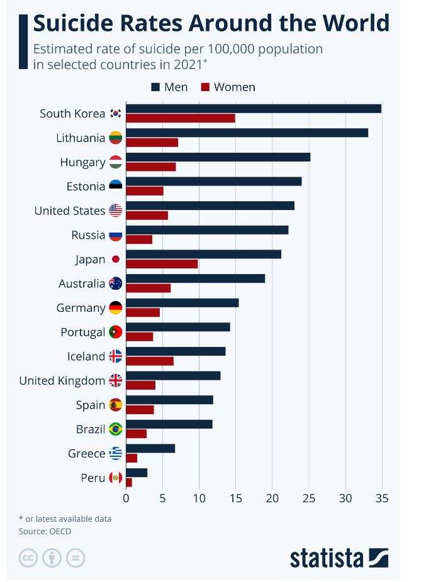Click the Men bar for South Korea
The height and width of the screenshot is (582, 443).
coord(254,108)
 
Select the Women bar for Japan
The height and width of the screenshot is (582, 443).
coord(162,264)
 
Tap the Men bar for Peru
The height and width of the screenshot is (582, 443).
coord(137,473)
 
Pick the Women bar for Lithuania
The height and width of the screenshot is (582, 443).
coord(152,143)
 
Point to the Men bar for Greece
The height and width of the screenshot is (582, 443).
coord(150,448)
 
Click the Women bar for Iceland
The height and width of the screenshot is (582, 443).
coord(150,361)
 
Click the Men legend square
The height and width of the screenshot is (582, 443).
coord(155,87)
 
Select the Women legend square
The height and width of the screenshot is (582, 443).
coord(205,87)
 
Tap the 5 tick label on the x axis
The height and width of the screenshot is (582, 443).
coord(162,498)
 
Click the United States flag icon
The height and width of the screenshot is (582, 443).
coord(116,211)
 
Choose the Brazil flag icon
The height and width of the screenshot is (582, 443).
coord(116,429)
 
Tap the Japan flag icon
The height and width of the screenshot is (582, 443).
coord(116,259)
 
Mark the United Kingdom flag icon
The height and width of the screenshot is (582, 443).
coord(116,380)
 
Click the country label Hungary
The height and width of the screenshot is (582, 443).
coord(82,162)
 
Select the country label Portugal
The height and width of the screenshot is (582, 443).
coord(82,332)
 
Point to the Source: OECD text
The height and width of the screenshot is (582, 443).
coord(45,531)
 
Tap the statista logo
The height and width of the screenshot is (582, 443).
coord(339,557)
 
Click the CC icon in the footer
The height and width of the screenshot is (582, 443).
coord(28,557)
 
